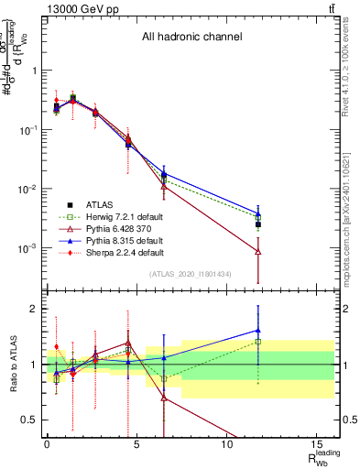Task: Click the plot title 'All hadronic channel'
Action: (x=191, y=38)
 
